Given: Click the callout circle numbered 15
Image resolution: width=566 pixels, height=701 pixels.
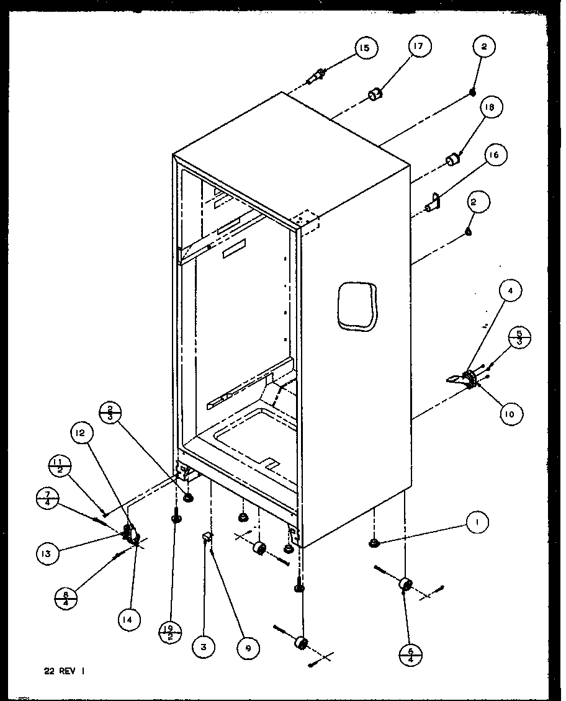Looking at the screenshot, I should tap(366, 48).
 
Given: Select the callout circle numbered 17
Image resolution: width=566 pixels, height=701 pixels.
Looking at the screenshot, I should tap(420, 47).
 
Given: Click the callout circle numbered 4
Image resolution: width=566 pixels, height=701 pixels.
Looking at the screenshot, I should tap(510, 290).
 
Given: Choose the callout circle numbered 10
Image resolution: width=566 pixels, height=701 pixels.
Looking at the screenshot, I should tap(510, 414).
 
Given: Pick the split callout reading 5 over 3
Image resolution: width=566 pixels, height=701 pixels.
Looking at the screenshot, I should tap(519, 337).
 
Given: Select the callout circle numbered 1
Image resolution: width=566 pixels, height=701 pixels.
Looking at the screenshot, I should tap(476, 524).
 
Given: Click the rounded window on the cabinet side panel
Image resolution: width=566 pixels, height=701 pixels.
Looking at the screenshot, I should tap(357, 305).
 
